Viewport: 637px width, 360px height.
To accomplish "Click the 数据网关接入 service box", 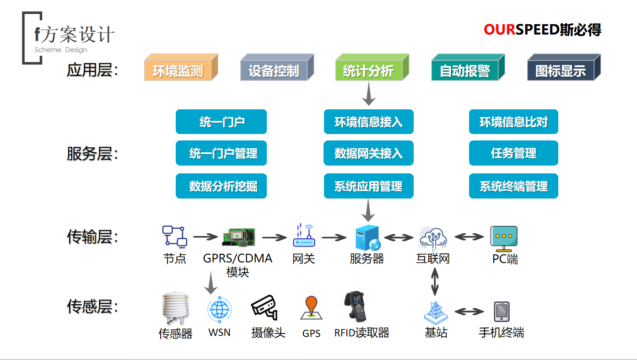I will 368,153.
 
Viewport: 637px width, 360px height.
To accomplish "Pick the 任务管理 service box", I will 513,153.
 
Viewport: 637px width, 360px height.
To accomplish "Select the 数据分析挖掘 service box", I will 221,186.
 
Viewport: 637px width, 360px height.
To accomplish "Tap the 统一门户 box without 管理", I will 221,122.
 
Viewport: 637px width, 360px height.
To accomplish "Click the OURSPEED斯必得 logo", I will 542,30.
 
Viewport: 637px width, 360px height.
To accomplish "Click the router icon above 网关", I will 303,236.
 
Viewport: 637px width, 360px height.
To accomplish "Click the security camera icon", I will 265,307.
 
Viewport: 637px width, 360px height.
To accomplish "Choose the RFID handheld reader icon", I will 356,306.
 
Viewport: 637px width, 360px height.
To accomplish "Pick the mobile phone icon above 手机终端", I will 502,312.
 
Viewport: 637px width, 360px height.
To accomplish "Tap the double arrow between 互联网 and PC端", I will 469,237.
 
